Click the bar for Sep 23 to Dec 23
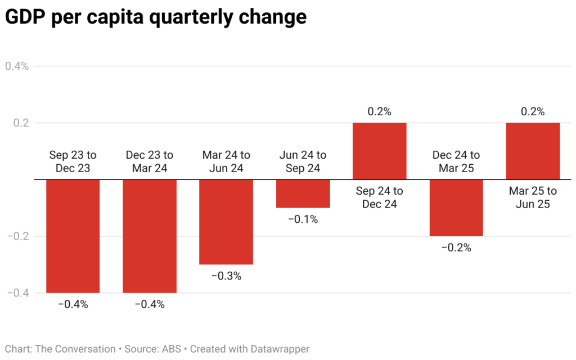click(x=73, y=236)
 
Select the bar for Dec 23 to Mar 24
click(x=150, y=236)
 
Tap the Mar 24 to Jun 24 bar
click(x=226, y=222)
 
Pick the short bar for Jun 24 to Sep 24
click(x=303, y=193)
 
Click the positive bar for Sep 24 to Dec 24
click(x=379, y=151)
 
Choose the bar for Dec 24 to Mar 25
click(x=456, y=208)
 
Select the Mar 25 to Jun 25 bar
click(x=533, y=151)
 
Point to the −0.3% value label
click(x=226, y=276)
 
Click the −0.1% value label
click(x=303, y=219)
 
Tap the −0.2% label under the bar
click(x=456, y=247)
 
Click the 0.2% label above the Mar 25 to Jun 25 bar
click(x=533, y=111)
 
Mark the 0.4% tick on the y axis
click(x=17, y=66)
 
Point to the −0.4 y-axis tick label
click(x=19, y=293)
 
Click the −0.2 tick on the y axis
click(x=19, y=236)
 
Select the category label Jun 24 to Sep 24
click(x=303, y=161)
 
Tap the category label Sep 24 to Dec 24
click(x=379, y=197)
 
